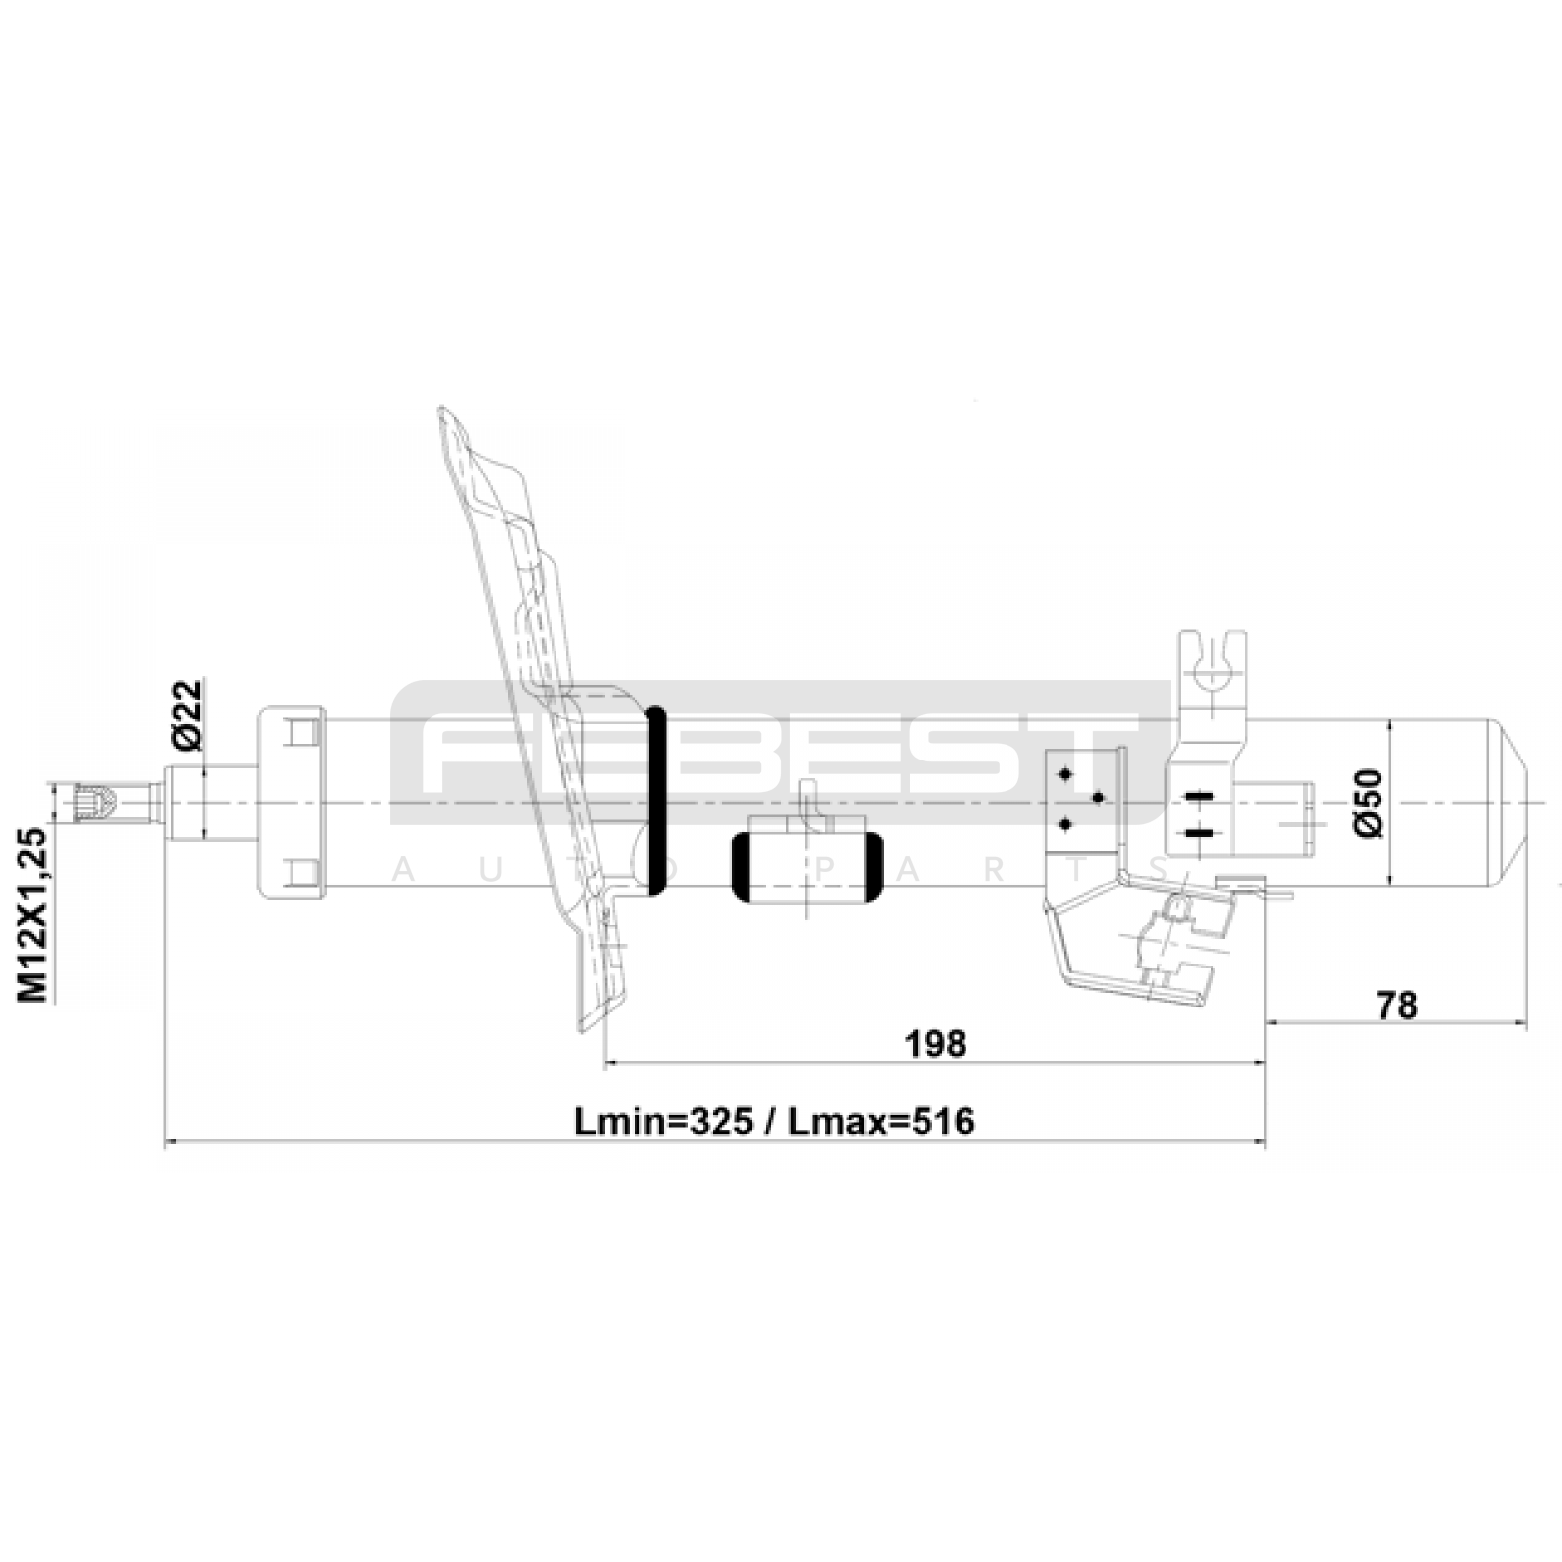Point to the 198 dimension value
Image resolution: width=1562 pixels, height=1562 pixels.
tap(935, 1044)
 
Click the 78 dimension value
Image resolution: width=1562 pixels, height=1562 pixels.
tap(1396, 1005)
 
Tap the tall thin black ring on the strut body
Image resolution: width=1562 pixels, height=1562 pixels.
tap(657, 801)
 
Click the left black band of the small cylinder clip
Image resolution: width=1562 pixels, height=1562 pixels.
tap(742, 867)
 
